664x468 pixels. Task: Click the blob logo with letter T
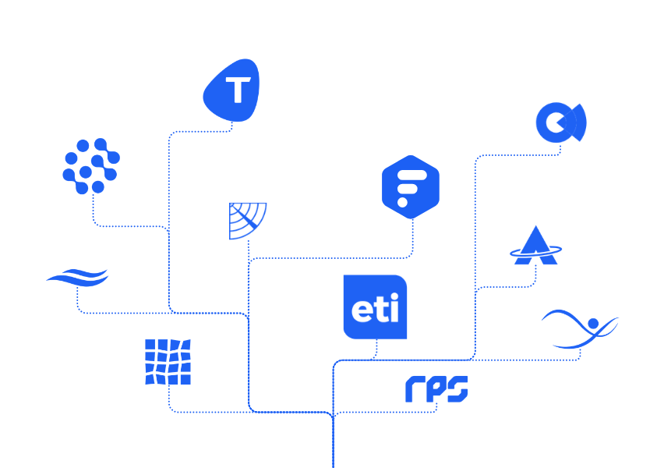(231, 90)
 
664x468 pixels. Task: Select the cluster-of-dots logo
(90, 165)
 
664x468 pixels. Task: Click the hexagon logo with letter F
(411, 187)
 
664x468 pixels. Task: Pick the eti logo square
(375, 307)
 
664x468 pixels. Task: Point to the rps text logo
(436, 388)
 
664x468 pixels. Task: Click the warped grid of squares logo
(168, 362)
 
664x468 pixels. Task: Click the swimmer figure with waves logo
(580, 328)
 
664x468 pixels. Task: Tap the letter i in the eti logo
(395, 309)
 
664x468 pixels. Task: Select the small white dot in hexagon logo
(402, 202)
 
